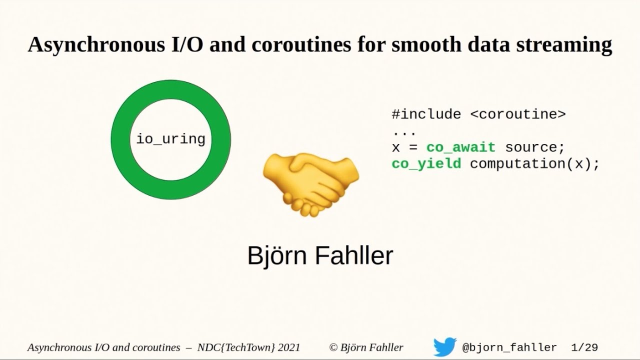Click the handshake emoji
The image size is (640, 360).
point(310,183)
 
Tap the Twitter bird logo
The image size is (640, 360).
point(444,347)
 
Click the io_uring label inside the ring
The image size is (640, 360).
point(171,138)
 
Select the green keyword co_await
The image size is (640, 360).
point(460,147)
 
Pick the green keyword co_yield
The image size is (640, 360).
point(426,163)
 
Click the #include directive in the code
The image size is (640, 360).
point(426,114)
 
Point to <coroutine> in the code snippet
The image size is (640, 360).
point(517,114)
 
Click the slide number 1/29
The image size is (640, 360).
point(584,347)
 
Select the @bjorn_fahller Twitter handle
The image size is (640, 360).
point(509,347)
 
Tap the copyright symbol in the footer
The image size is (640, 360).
point(333,347)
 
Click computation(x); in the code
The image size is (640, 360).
point(534,163)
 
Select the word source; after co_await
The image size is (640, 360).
point(534,147)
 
